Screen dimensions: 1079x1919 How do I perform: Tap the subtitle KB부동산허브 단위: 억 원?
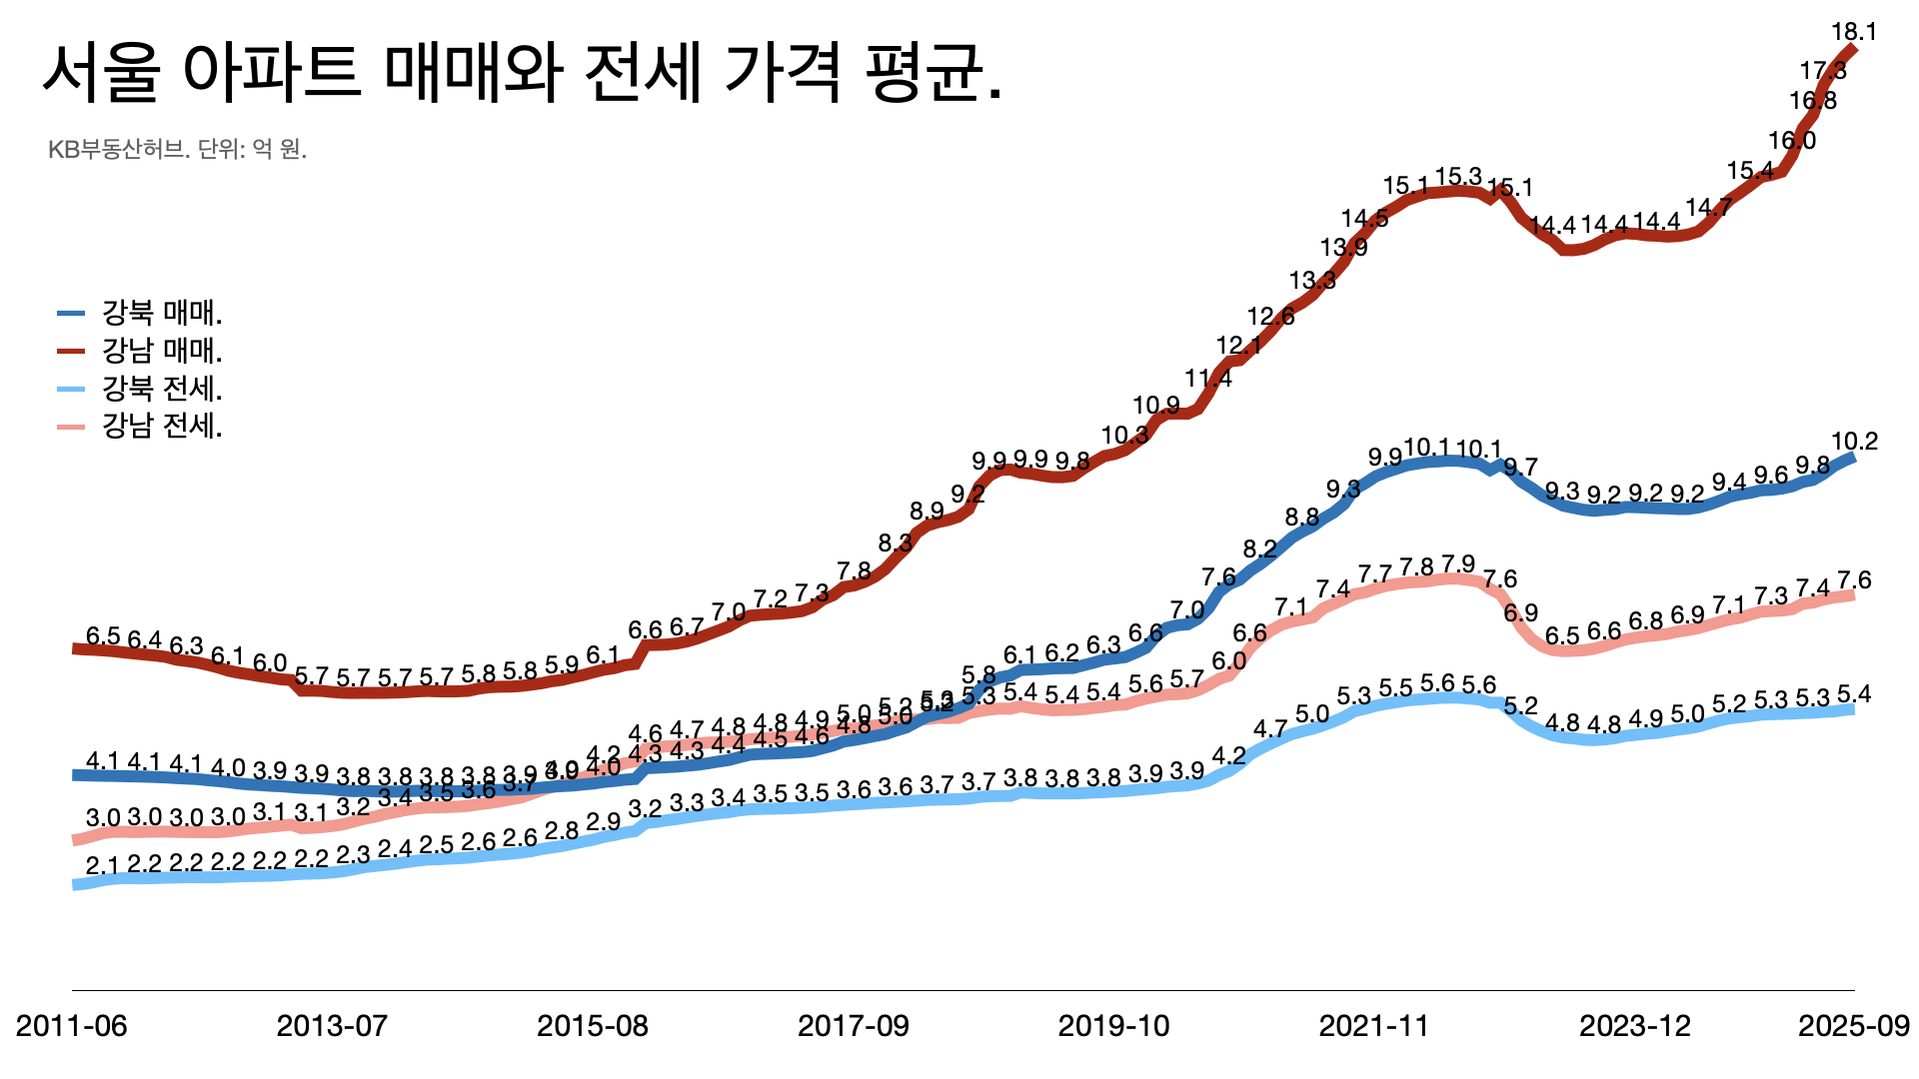click(x=177, y=150)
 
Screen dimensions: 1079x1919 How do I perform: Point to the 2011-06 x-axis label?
click(x=72, y=1026)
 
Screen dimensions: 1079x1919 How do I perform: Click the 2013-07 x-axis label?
click(x=332, y=1026)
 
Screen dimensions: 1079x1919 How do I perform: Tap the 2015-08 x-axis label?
click(x=593, y=1026)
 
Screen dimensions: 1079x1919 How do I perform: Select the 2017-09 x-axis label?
click(x=854, y=1026)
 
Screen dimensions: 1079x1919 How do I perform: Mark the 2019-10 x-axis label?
click(x=1113, y=1026)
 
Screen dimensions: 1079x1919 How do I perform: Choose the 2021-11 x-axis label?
click(x=1374, y=1026)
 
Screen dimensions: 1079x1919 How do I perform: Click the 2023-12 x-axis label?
click(x=1635, y=1026)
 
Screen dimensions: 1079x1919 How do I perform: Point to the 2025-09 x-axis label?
click(x=1854, y=1026)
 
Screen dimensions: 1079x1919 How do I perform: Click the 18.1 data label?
click(x=1854, y=32)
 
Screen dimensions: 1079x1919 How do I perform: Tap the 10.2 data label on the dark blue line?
click(x=1854, y=442)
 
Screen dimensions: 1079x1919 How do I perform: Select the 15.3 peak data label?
click(x=1458, y=178)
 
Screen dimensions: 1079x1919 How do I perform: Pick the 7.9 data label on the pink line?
click(x=1458, y=564)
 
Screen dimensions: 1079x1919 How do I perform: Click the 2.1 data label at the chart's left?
click(x=103, y=865)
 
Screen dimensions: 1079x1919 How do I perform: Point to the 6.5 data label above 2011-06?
click(x=103, y=636)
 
